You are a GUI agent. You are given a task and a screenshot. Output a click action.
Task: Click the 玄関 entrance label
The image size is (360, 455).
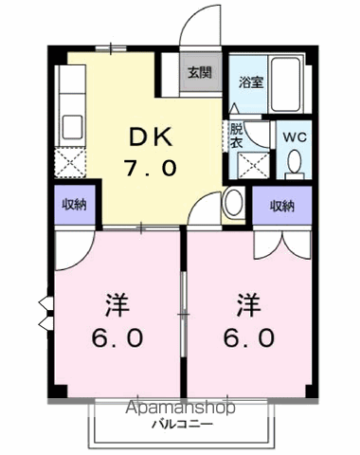tap(200, 73)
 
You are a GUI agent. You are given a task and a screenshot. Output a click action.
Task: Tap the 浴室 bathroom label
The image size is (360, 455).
tap(251, 82)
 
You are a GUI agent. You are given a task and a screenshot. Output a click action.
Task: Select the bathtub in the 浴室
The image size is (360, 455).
tap(285, 84)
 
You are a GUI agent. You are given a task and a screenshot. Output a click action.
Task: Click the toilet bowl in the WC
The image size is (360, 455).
tap(295, 162)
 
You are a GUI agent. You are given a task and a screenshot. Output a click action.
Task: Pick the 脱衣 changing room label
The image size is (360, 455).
tap(236, 136)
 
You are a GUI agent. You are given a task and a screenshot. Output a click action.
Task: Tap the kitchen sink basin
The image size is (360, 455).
tap(73, 127)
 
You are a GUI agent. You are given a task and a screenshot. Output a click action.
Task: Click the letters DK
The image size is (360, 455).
tap(151, 136)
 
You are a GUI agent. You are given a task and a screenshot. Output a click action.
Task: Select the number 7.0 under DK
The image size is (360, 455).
tap(150, 168)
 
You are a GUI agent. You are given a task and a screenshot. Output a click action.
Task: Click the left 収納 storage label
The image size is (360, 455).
tap(74, 205)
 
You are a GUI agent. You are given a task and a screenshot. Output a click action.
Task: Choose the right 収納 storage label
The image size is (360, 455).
tap(282, 206)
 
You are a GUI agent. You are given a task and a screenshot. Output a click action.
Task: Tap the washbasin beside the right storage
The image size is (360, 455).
tap(234, 203)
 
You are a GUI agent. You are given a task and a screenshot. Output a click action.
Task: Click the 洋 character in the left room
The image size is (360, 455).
tap(117, 305)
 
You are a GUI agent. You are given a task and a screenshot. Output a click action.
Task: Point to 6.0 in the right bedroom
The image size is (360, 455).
tap(249, 337)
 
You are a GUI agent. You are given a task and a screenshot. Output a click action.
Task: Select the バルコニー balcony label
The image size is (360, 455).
tap(183, 424)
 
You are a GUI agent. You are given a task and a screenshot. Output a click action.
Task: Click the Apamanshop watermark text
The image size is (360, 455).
tap(180, 408)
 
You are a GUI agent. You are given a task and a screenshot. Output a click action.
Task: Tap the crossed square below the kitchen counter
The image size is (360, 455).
tap(70, 163)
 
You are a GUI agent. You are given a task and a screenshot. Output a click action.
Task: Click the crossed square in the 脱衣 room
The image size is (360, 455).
tap(253, 166)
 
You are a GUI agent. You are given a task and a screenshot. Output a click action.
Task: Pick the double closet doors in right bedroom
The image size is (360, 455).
tap(282, 246)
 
